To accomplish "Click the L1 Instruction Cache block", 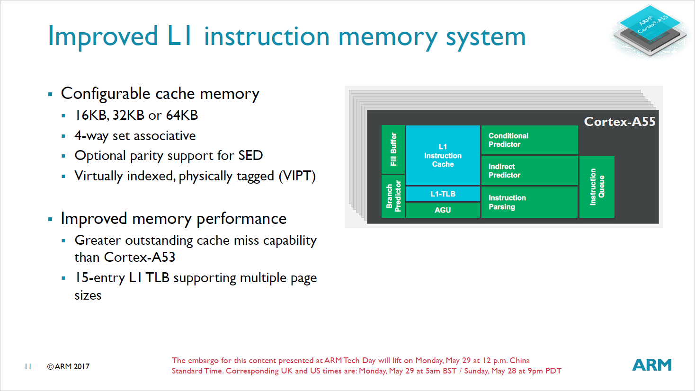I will click(443, 155).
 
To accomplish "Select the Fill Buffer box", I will click(393, 149).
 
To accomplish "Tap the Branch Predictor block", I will click(393, 196).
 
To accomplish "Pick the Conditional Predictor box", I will click(529, 140).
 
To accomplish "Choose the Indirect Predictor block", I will click(529, 171).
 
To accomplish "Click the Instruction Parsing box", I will click(529, 202).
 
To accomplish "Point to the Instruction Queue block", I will click(597, 187).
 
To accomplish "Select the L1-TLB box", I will click(443, 194).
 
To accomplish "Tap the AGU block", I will click(443, 210).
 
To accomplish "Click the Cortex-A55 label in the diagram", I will click(619, 122).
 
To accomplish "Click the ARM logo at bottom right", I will click(652, 365).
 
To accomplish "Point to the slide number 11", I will click(28, 366).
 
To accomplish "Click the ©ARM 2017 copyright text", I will click(68, 366).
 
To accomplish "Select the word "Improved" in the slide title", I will click(103, 36).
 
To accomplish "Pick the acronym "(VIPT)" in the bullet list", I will click(297, 176).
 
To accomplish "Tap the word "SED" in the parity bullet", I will click(250, 155).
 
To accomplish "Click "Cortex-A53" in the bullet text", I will click(140, 257).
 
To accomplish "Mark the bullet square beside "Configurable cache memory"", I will click(50, 94).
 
